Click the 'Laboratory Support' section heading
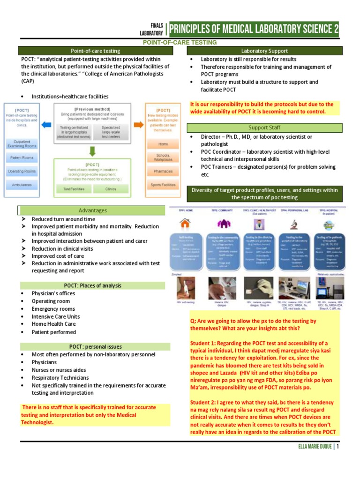click(264, 51)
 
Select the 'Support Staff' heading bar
click(264, 127)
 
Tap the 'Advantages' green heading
click(92, 210)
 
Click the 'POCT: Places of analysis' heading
click(92, 285)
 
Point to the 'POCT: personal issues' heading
click(92, 346)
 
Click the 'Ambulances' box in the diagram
click(22, 185)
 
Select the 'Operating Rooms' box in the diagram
click(22, 171)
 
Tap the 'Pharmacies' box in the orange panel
click(163, 171)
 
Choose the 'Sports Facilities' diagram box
click(163, 185)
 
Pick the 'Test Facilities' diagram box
click(74, 189)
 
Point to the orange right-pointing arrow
click(139, 125)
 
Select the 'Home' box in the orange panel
click(163, 144)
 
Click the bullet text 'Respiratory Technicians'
click(60, 377)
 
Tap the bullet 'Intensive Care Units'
click(56, 316)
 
